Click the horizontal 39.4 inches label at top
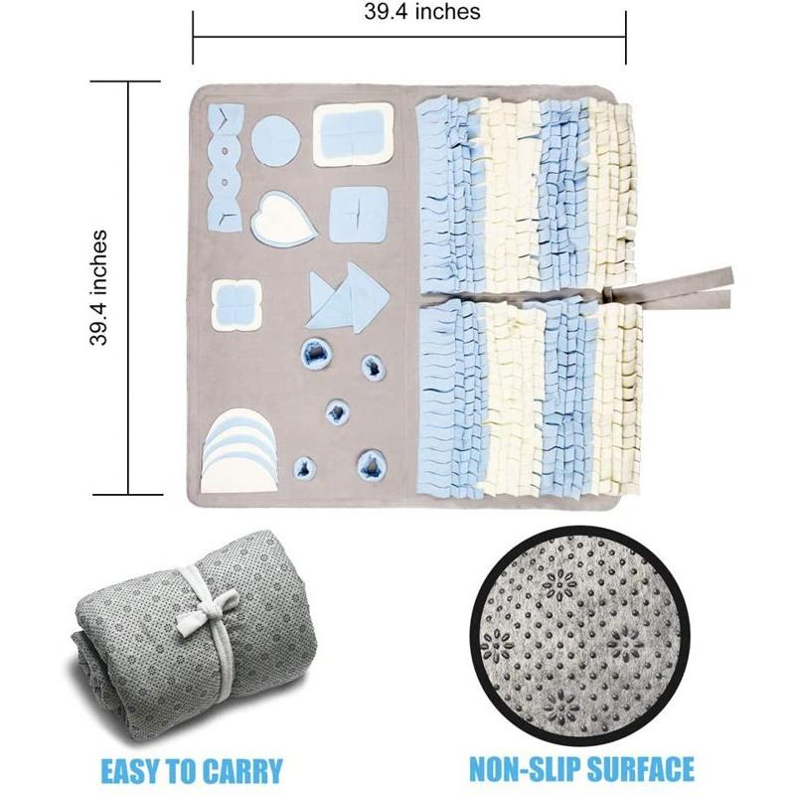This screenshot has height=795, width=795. pos(421,11)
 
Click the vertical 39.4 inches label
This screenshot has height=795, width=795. pos(98,288)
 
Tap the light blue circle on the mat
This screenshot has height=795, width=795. pos(276,140)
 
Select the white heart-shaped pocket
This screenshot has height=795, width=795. pos(283,217)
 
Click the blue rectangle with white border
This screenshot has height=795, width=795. pos(353,134)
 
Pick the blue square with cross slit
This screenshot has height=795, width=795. pos(359,215)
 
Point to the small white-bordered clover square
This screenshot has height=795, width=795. pos(237,305)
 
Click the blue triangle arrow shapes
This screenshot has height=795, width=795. pos(348,297)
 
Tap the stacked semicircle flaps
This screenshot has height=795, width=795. pos(239,450)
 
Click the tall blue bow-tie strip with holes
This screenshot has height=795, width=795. pos(225,168)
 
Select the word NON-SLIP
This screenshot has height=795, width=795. pos(526,768)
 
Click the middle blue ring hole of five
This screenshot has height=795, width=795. pos(336,411)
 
